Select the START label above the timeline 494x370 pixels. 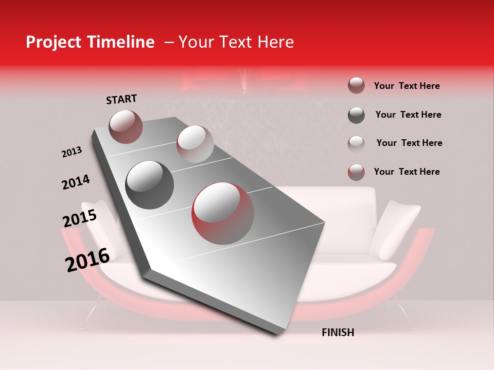(121, 99)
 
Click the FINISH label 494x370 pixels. (338, 332)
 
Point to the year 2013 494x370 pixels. (72, 152)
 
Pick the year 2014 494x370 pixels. (76, 182)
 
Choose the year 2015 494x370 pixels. (80, 218)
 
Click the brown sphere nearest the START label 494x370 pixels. (126, 126)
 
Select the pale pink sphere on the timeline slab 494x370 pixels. (195, 144)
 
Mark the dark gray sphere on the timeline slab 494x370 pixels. (150, 185)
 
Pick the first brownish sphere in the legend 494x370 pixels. (356, 86)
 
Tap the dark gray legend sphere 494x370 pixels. (356, 115)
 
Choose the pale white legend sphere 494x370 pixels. (356, 143)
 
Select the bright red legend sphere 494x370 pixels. (356, 172)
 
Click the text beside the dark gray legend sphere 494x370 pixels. (408, 115)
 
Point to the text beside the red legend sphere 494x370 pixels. (407, 172)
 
